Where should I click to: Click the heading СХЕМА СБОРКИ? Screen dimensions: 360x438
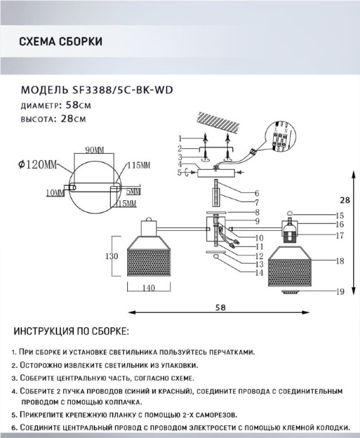tap(61, 41)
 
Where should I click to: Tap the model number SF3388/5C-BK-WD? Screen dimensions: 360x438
tap(123, 90)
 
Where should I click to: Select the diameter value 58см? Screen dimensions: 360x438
tap(78, 105)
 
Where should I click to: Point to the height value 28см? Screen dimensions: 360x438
tap(73, 119)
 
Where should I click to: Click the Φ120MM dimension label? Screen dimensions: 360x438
tap(38, 165)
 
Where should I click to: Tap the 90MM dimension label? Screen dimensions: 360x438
tap(94, 150)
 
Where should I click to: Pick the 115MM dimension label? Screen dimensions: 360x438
tap(138, 165)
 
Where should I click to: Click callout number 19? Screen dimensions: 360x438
tap(340, 292)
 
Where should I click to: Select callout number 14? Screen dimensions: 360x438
tap(259, 272)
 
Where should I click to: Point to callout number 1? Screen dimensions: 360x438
tap(180, 138)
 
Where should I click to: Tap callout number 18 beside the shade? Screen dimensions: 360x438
tap(340, 261)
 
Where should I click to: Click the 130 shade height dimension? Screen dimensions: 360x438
tap(111, 256)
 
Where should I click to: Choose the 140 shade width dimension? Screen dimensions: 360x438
tap(149, 288)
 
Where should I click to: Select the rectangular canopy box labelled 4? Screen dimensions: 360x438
tap(215, 173)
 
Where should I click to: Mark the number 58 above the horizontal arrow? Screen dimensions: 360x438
tap(220, 307)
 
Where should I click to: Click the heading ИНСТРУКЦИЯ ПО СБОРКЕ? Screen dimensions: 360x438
tap(71, 331)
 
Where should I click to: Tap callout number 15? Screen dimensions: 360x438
tap(339, 216)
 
